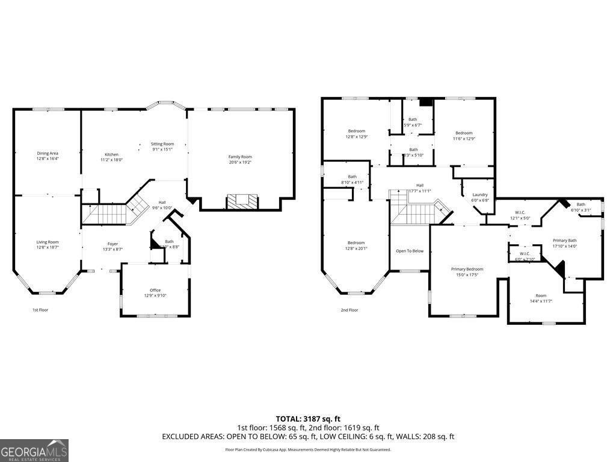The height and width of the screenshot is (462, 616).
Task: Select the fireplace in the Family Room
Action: (242, 201)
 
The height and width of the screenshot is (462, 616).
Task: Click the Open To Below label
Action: (410, 251)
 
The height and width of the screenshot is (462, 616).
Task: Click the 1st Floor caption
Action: (40, 310)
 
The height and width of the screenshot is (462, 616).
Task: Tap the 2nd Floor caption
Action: (349, 310)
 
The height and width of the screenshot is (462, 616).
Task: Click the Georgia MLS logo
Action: (34, 451)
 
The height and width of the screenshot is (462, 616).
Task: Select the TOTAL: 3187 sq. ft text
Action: (308, 419)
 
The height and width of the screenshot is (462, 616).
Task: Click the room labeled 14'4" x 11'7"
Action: (541, 298)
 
